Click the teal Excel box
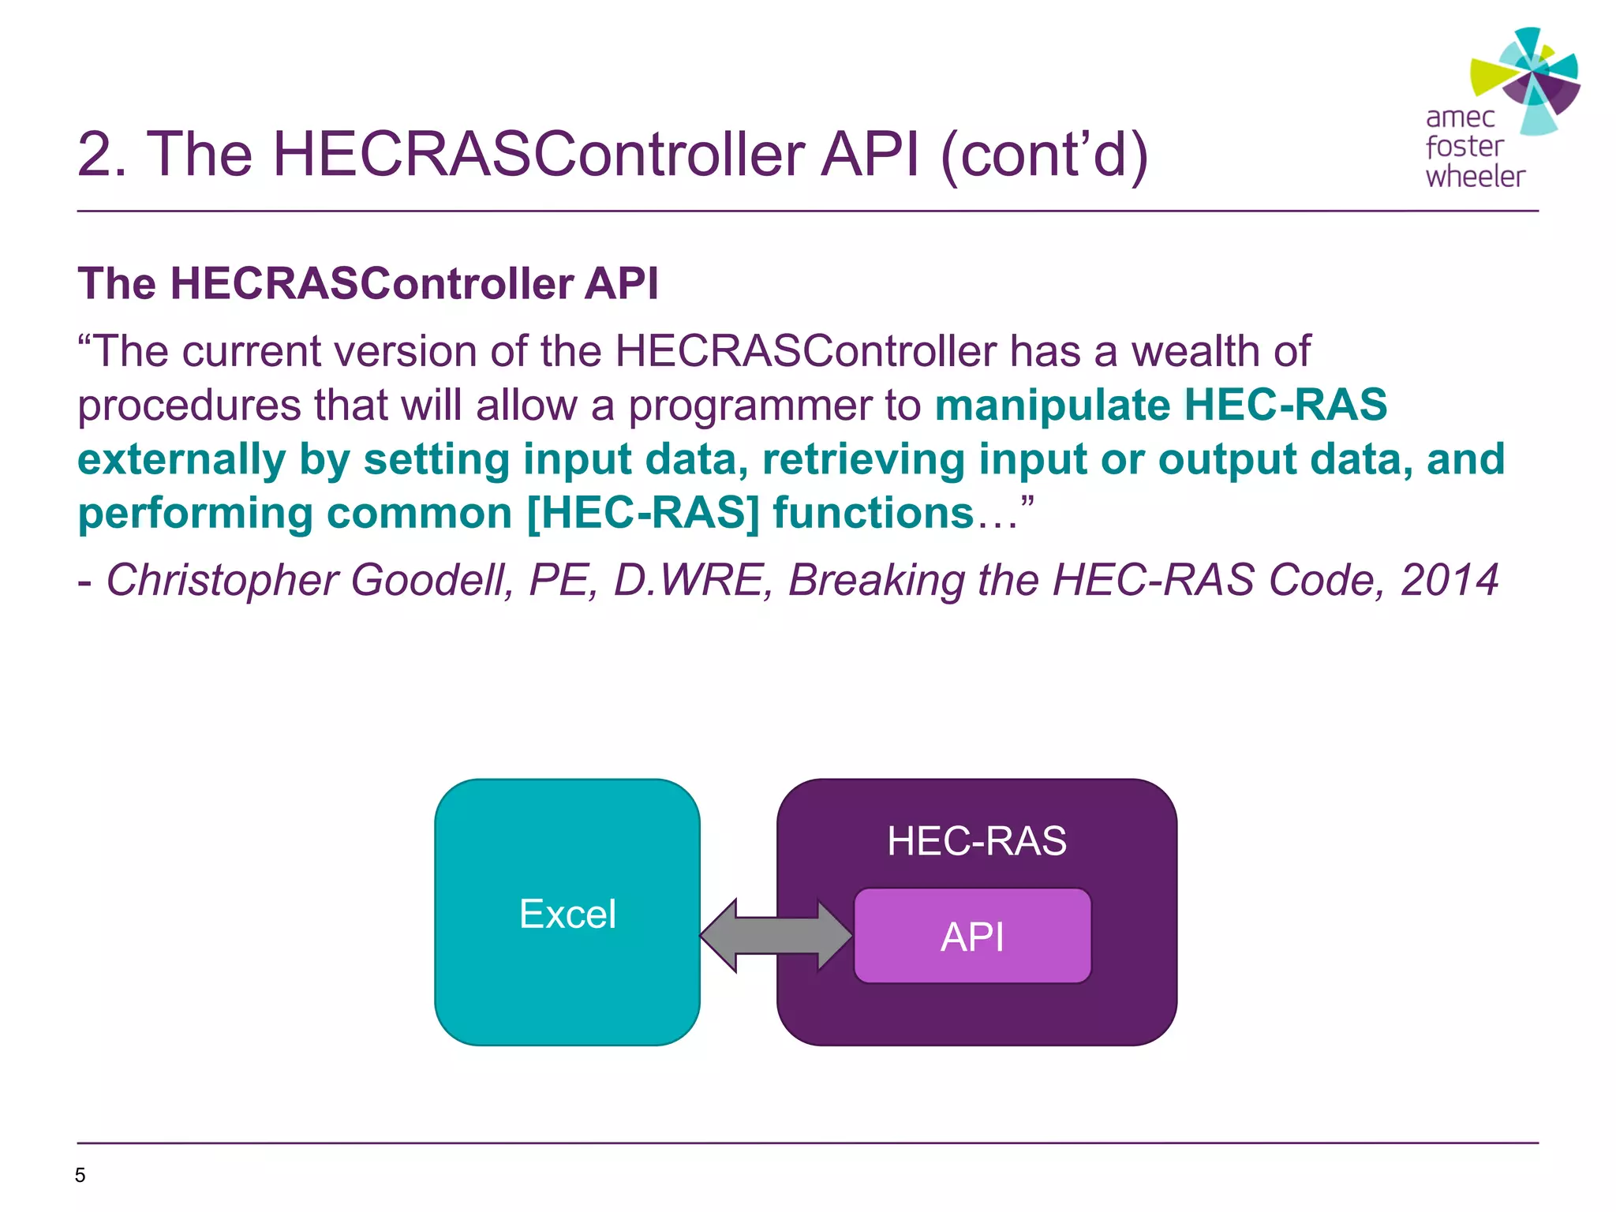(567, 986)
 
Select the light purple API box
(972, 937)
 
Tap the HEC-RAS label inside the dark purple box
(976, 841)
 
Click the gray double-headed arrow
(776, 936)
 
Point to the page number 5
(80, 1175)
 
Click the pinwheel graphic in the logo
(1527, 79)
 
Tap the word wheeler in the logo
(1474, 176)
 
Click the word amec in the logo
(1460, 118)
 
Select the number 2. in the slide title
(102, 154)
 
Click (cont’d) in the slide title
(1045, 154)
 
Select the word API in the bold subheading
(621, 283)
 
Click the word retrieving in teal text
(863, 460)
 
